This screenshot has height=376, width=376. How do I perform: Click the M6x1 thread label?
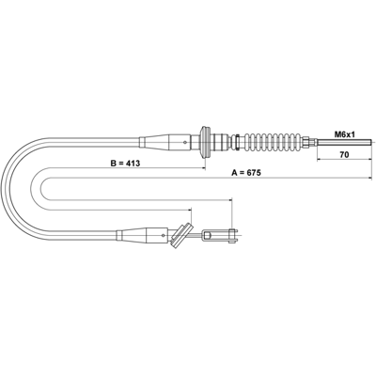tap(344, 134)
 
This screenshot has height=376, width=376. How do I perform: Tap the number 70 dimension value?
tap(344, 154)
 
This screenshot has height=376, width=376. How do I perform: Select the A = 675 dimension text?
tap(246, 173)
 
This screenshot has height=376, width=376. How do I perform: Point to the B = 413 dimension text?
tap(125, 163)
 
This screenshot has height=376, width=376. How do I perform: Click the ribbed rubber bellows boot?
tap(273, 143)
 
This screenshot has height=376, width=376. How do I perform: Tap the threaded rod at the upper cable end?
tap(345, 143)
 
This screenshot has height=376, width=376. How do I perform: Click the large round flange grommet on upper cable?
tap(205, 143)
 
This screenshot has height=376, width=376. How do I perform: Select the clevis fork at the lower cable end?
tap(220, 235)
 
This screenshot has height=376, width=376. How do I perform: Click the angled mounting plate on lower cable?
tap(181, 235)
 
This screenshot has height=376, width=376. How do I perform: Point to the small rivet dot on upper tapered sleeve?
tap(185, 142)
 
